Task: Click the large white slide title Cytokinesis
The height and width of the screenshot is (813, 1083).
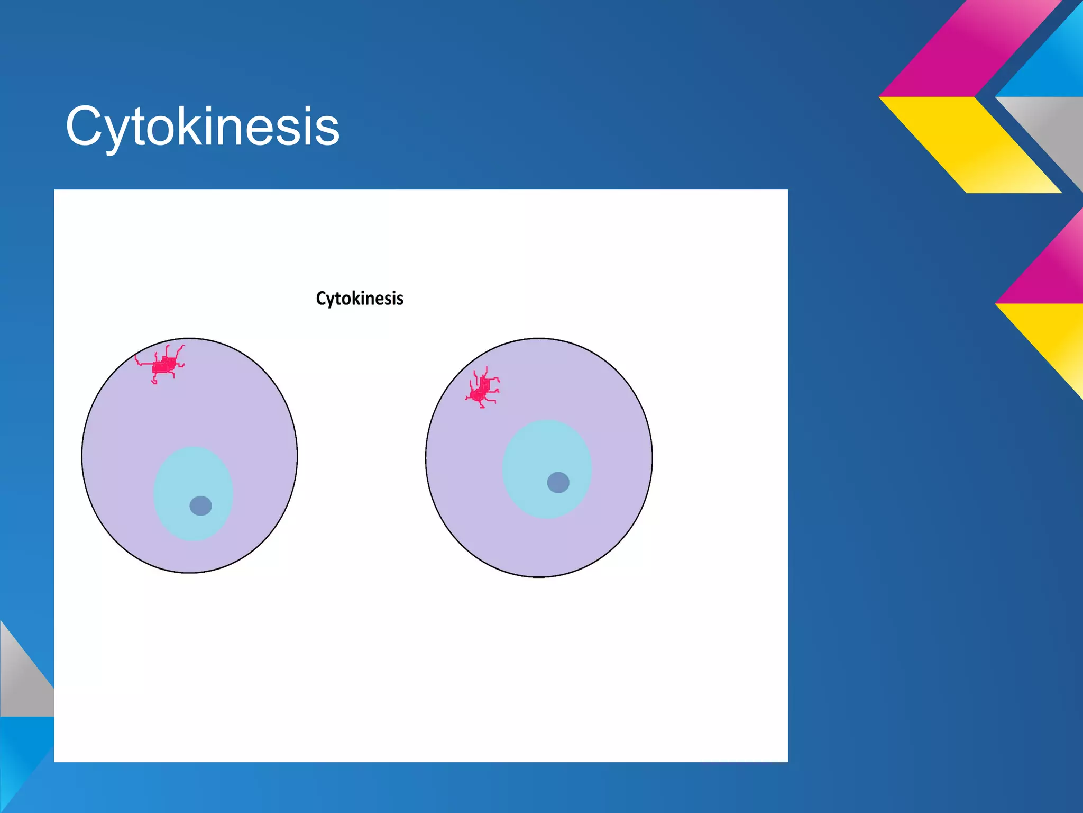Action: pyautogui.click(x=202, y=127)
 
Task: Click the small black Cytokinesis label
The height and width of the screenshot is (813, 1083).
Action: pyautogui.click(x=360, y=299)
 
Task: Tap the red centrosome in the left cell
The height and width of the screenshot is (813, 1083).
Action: pyautogui.click(x=164, y=365)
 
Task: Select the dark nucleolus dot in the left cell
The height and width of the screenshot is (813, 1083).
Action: pyautogui.click(x=200, y=506)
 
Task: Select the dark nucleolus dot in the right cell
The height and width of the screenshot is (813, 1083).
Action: pyautogui.click(x=558, y=482)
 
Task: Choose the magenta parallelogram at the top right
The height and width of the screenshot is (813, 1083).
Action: pyautogui.click(x=973, y=50)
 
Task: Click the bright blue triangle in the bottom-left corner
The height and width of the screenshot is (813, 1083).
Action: pyautogui.click(x=19, y=757)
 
